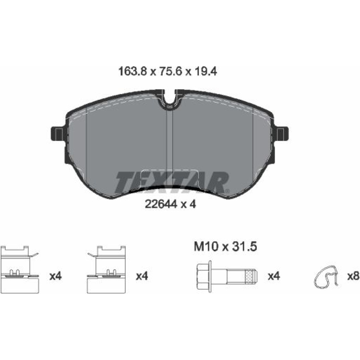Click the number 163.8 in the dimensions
click(132, 72)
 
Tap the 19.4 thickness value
click(206, 72)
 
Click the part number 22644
click(161, 204)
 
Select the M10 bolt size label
click(206, 247)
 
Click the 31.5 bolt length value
click(245, 247)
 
